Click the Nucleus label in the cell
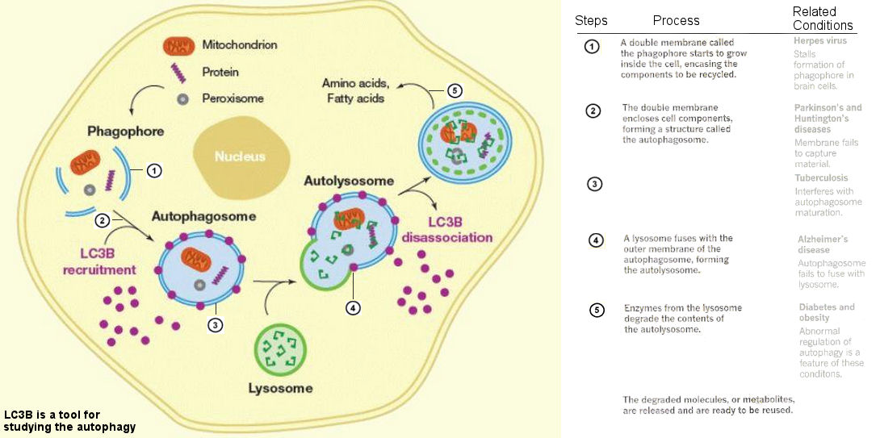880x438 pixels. click(x=240, y=156)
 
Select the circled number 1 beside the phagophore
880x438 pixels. click(x=155, y=170)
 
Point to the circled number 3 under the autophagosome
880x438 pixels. click(x=215, y=325)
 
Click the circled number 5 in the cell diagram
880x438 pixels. click(x=455, y=90)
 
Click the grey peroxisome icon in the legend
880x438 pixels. click(x=184, y=99)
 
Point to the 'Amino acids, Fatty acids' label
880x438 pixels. click(x=355, y=90)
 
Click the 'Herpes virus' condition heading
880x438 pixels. click(x=820, y=40)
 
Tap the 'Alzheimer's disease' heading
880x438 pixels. click(x=823, y=244)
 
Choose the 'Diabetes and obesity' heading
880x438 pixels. click(x=827, y=312)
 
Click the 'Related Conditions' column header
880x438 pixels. click(x=823, y=19)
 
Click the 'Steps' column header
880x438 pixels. click(x=591, y=20)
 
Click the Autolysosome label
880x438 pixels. click(x=349, y=181)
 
